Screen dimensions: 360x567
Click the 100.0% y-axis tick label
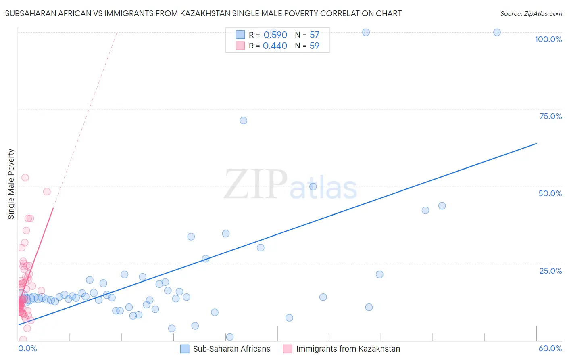[x=548, y=39]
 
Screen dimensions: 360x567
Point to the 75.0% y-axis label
[x=550, y=116]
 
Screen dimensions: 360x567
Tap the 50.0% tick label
[x=550, y=193]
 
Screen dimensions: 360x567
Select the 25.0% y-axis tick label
[x=550, y=271]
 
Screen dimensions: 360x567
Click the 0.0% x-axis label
[x=27, y=348]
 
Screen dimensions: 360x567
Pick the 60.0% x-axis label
[x=550, y=348]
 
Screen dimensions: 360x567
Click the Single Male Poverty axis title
[x=11, y=184]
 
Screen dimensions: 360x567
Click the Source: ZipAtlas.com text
[x=531, y=14]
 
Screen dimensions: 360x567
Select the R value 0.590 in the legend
[x=275, y=35]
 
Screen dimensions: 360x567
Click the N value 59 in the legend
[x=314, y=46]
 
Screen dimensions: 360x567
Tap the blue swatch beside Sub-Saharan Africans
[x=185, y=349]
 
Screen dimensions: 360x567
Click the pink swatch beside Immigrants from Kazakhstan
[x=288, y=349]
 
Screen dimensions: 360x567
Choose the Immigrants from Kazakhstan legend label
[x=348, y=349]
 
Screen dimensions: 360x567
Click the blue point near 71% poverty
[x=243, y=121]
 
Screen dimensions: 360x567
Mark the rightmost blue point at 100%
[x=497, y=32]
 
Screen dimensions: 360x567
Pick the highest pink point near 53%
[x=25, y=178]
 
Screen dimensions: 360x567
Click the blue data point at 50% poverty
[x=313, y=187]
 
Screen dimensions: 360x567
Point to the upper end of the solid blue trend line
[x=536, y=143]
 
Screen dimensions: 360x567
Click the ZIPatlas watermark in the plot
[x=290, y=185]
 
